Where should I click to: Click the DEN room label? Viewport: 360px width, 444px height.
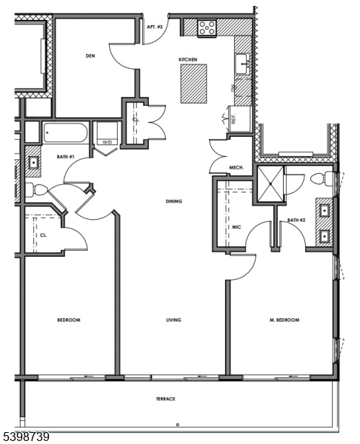coord(90,55)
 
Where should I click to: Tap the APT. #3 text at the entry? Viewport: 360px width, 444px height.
coord(154,27)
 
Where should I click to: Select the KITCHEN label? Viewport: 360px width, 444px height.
coord(187,59)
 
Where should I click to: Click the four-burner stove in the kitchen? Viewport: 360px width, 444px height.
coord(207,28)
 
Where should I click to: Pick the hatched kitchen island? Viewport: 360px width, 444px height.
coord(194,82)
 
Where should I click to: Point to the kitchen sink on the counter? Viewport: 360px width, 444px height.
coord(242,65)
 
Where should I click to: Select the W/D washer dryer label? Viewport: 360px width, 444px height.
coord(107,142)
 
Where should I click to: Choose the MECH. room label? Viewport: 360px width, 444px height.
coord(237,167)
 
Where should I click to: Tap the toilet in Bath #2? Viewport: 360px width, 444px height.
coord(321,179)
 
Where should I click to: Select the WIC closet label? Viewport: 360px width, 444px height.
coord(236,227)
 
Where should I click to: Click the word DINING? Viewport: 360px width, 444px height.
coord(174,201)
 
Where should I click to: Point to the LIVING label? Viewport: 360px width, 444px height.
coord(174,320)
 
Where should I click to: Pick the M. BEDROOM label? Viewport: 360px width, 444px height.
coord(284,320)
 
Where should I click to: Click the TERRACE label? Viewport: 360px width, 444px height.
coord(165,399)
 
